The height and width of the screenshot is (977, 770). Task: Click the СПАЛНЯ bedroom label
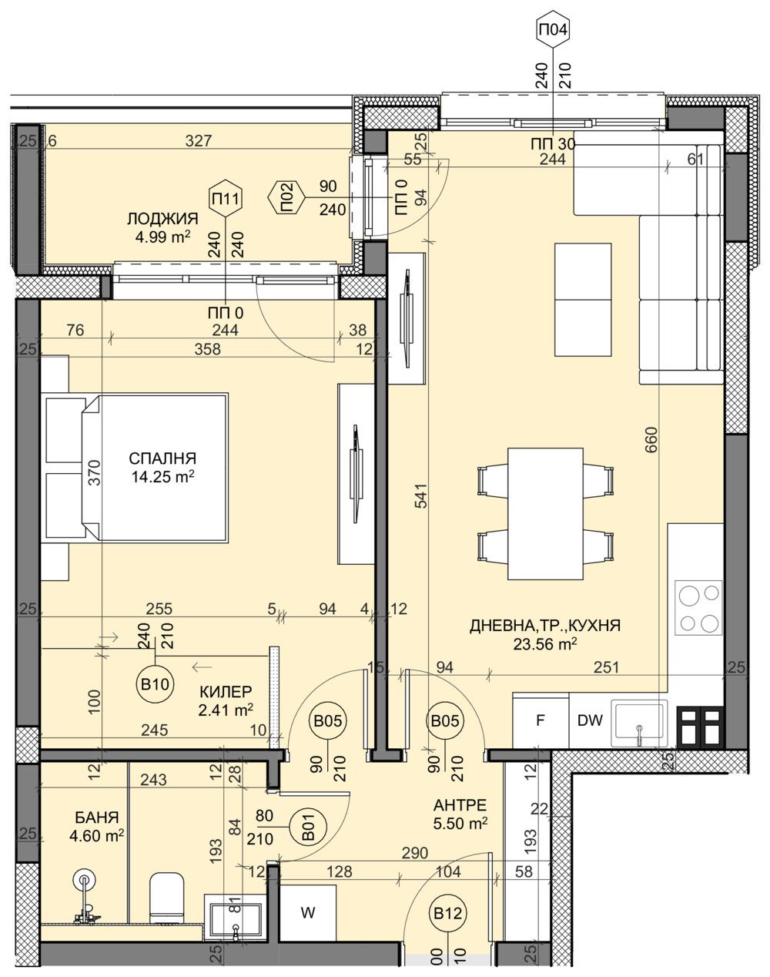[x=162, y=458]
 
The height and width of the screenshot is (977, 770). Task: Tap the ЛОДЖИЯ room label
[x=162, y=219]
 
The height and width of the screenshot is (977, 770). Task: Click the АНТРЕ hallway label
[x=460, y=805]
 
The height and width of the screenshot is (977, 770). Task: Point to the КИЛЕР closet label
[x=226, y=691]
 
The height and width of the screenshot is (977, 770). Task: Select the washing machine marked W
[x=308, y=913]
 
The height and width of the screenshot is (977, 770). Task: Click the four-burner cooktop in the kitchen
[x=699, y=607]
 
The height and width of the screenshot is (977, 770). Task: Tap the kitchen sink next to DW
[x=639, y=724]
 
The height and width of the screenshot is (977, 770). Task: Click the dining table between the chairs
[x=545, y=513]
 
